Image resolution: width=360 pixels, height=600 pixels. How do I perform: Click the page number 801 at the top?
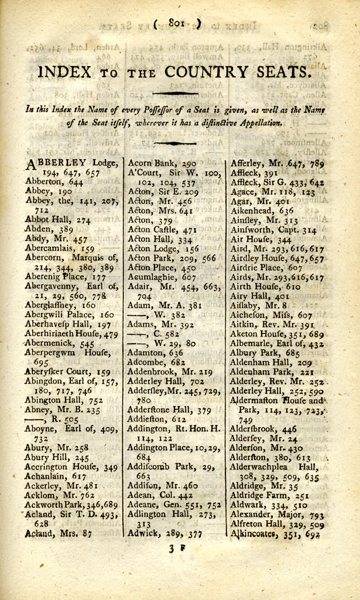pos(177,23)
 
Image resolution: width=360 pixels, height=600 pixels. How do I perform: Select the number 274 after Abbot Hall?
pos(85,220)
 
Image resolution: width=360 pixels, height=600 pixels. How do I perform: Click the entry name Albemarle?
pos(255,344)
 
